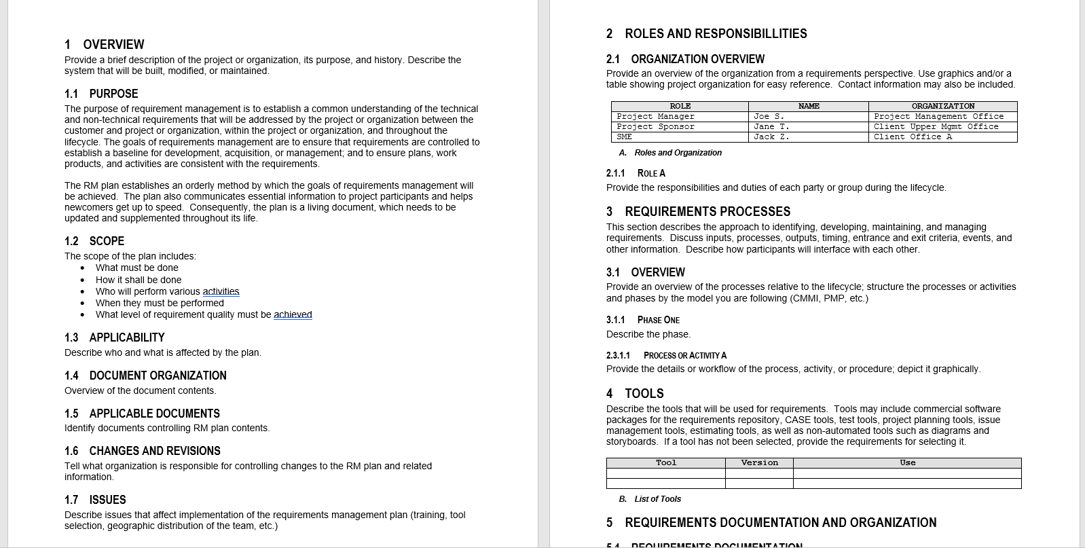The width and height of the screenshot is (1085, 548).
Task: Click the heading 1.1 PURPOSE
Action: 101,94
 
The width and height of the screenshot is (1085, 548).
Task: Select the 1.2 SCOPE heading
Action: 94,241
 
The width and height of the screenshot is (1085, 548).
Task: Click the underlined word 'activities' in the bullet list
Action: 221,291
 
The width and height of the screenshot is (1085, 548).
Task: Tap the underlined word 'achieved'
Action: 293,314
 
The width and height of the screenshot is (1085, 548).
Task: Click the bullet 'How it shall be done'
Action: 139,280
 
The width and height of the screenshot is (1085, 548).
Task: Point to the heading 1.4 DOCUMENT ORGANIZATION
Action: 145,376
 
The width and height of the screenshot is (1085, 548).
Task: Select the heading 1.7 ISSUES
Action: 95,500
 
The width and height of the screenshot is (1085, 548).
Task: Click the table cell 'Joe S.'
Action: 769,117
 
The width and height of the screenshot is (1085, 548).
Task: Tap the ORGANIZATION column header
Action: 942,107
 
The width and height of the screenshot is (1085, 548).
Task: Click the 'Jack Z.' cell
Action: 771,137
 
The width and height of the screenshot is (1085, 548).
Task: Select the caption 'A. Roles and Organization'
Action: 670,153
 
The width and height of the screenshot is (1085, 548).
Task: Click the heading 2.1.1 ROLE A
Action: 636,173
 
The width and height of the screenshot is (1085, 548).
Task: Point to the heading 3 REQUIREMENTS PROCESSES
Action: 698,212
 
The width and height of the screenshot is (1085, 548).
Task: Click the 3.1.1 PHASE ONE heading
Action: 642,320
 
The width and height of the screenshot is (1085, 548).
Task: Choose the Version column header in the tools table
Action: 759,463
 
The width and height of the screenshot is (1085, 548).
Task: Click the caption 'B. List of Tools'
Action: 650,499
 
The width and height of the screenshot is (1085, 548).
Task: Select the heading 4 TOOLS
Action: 635,394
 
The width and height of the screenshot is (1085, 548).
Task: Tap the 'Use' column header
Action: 907,463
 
